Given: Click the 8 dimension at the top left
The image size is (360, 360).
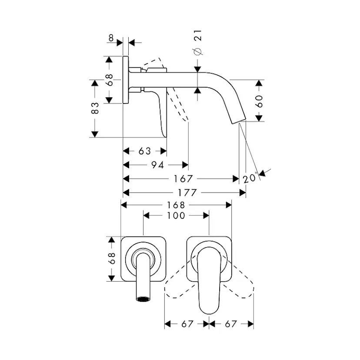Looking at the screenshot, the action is click(111, 38).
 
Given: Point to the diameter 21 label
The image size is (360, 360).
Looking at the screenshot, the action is click(198, 43).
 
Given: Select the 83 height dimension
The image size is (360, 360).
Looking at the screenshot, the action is click(95, 108).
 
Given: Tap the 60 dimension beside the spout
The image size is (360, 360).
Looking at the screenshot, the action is click(259, 101).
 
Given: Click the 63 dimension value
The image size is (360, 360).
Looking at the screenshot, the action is click(145, 151).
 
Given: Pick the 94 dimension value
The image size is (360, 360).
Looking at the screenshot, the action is click(157, 165).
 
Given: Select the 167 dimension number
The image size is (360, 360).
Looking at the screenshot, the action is click(183, 179).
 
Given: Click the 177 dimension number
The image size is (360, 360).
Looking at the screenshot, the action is click(187, 193).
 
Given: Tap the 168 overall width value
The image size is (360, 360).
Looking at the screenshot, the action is click(176, 205).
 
